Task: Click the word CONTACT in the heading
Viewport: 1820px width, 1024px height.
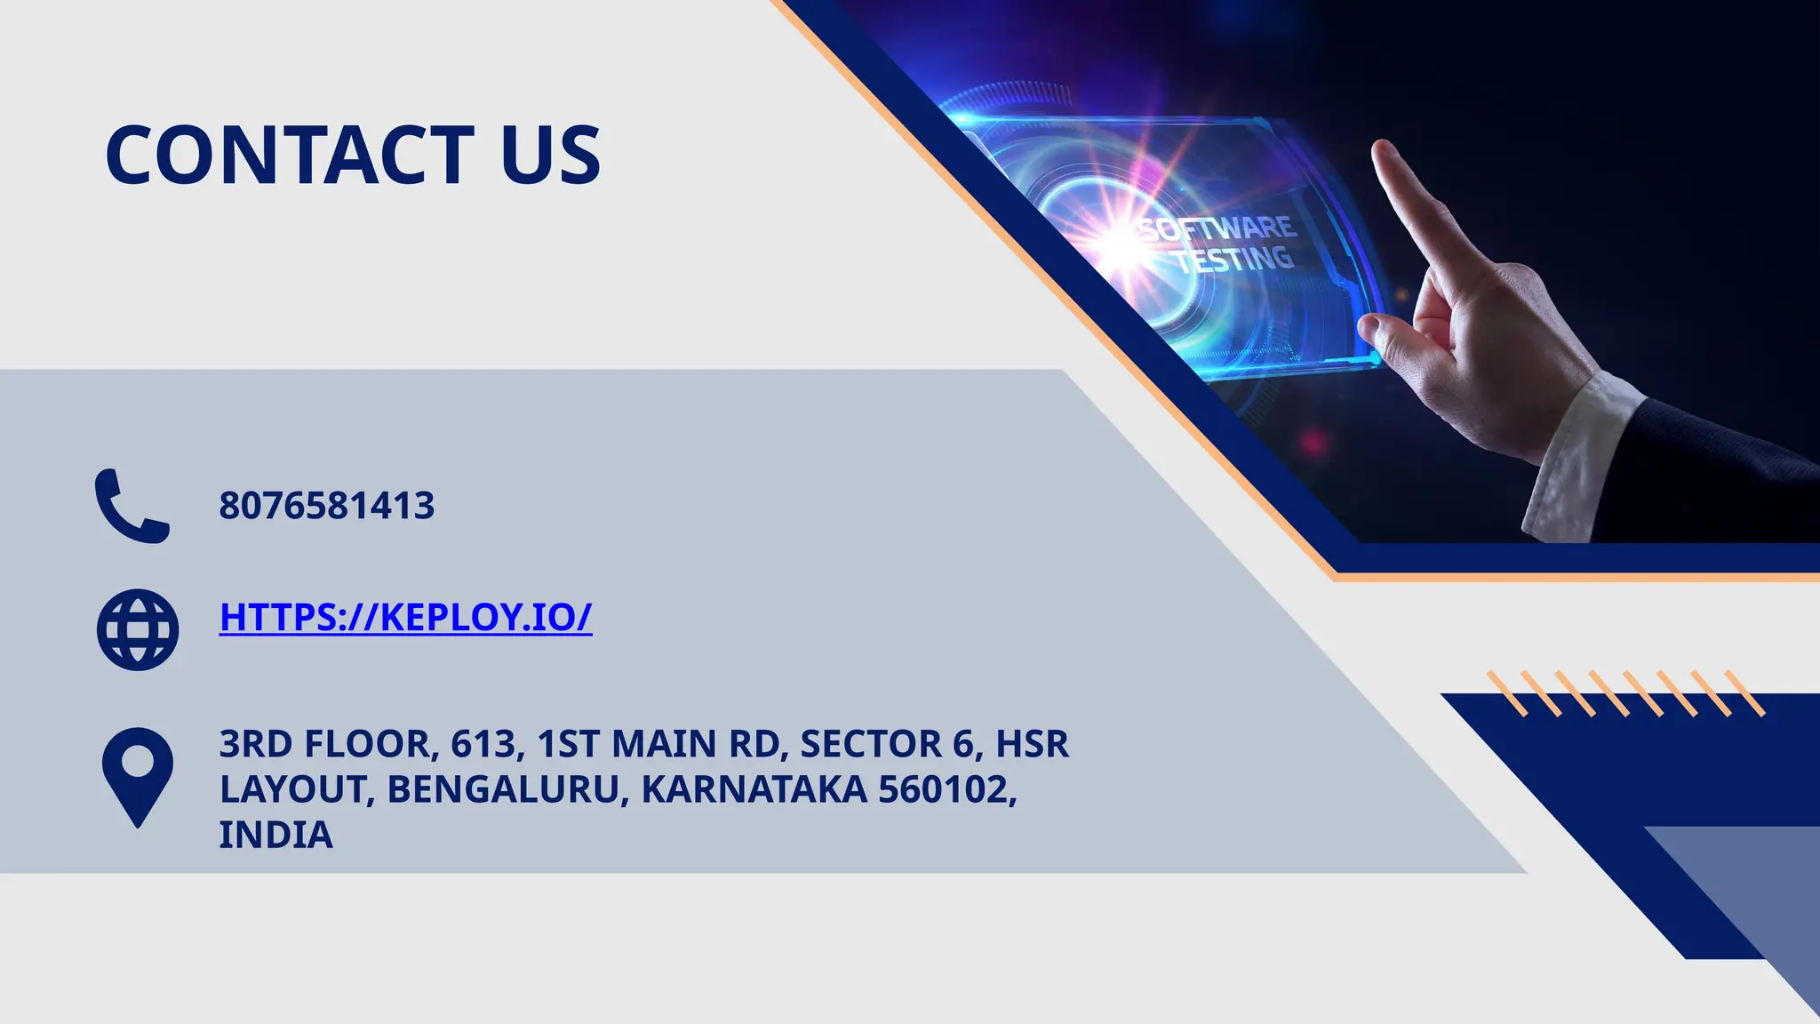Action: pos(290,156)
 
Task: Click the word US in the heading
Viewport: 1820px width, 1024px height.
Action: pos(551,156)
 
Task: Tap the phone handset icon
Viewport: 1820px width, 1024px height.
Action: pos(132,506)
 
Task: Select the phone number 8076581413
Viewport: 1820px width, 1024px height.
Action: pos(326,506)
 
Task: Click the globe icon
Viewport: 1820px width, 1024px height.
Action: pos(137,629)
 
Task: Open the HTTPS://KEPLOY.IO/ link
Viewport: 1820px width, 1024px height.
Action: pos(405,617)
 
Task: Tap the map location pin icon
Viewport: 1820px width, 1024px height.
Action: pos(137,775)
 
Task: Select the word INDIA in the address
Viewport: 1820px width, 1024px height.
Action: pos(275,835)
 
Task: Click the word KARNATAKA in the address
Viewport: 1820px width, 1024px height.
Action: pos(754,789)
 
